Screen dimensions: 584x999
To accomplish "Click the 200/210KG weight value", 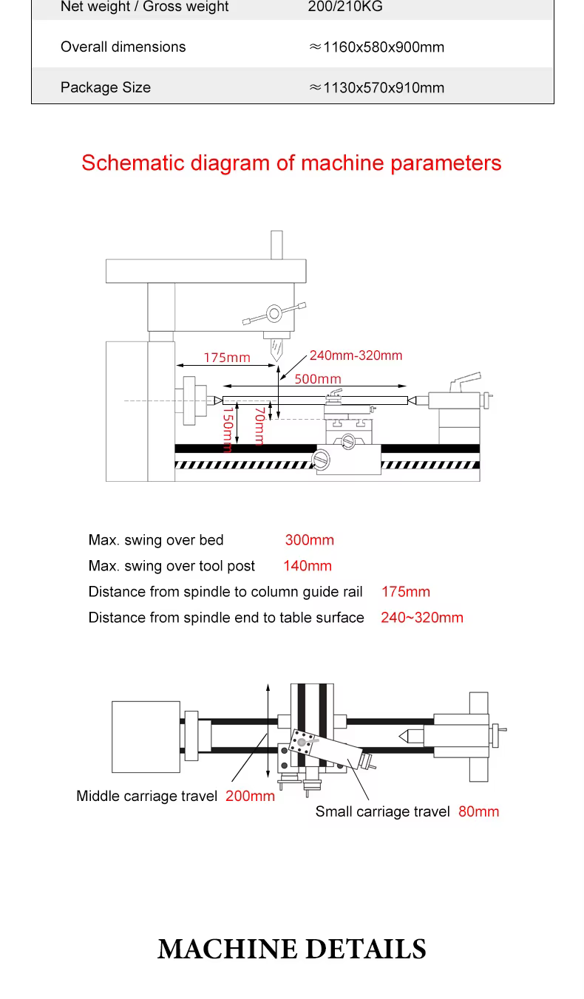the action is point(345,6).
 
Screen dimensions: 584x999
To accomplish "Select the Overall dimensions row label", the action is point(123,47).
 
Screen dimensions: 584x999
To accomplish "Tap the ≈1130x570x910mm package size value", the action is point(376,87).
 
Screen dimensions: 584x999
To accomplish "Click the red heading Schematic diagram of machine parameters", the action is point(291,163).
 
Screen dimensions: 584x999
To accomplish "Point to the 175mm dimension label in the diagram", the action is point(227,357).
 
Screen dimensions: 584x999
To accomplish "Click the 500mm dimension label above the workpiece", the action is point(318,378).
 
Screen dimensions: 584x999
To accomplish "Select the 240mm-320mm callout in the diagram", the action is point(356,355).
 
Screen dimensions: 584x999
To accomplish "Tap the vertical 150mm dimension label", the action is point(228,430).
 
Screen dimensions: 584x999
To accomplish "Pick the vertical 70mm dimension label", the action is point(259,426).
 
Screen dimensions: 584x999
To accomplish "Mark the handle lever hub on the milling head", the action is point(274,313).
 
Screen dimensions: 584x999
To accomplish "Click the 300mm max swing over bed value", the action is point(310,539).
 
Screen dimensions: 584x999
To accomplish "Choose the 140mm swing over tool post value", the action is point(308,565).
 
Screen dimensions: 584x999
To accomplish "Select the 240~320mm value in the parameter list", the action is point(422,617).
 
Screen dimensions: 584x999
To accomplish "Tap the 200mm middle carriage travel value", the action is point(250,796).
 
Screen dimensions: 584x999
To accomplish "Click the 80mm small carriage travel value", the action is point(479,811).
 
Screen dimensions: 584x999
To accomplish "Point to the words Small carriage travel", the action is point(382,811).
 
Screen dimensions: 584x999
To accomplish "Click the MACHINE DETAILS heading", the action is point(292,949).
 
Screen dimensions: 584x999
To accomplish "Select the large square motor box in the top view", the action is point(146,737).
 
